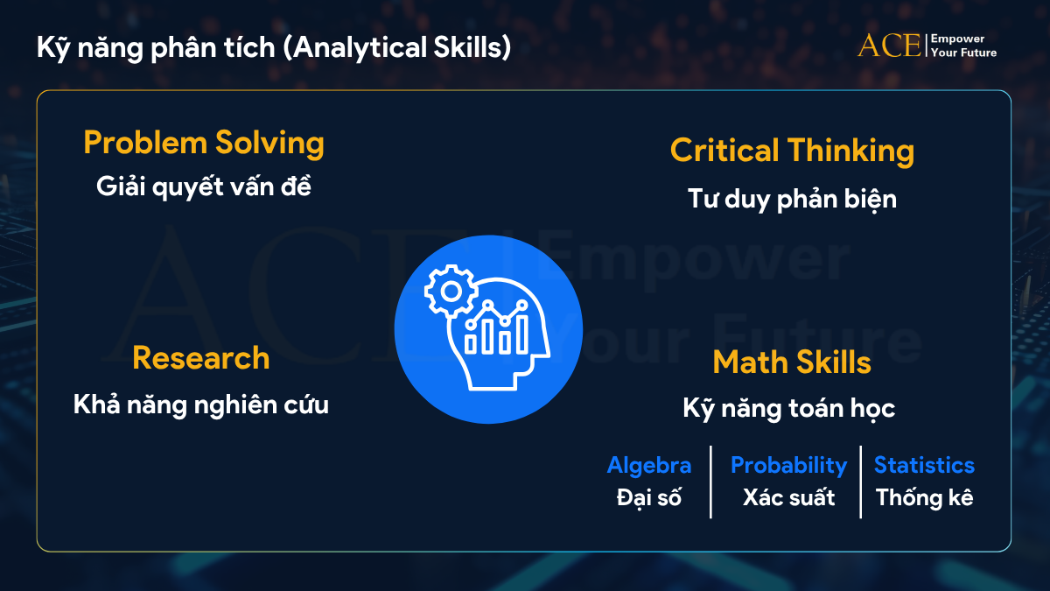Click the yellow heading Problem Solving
tap(204, 144)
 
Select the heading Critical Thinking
tap(792, 151)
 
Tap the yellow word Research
tap(201, 358)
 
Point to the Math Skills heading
tap(792, 362)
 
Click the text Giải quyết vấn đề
tap(204, 186)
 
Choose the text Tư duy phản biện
tap(792, 199)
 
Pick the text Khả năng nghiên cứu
tap(201, 405)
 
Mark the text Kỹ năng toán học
tap(789, 408)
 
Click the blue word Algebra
tap(649, 466)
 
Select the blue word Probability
tap(789, 466)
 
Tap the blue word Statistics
tap(924, 465)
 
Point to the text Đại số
tap(649, 497)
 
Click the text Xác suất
tap(789, 497)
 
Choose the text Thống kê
tap(924, 497)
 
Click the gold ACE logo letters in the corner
tap(889, 46)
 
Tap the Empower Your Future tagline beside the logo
tap(963, 46)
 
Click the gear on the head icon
tap(451, 291)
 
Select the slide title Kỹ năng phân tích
tap(156, 48)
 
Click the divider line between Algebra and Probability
tap(710, 482)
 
